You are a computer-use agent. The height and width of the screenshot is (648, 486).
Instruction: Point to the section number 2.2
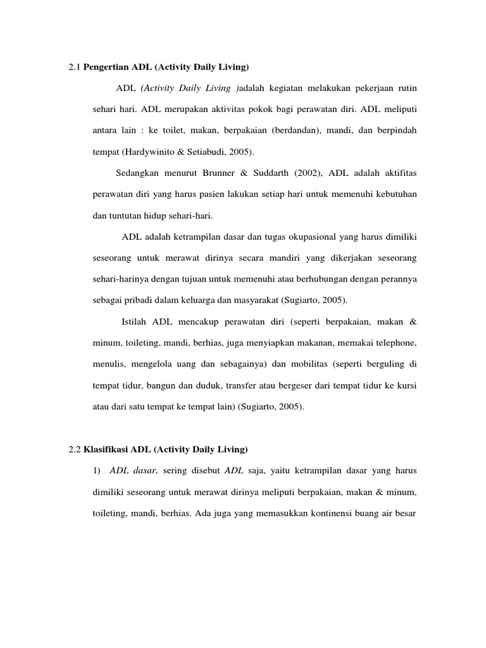tap(75, 449)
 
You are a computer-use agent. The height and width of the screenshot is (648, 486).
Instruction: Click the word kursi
tap(406, 385)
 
